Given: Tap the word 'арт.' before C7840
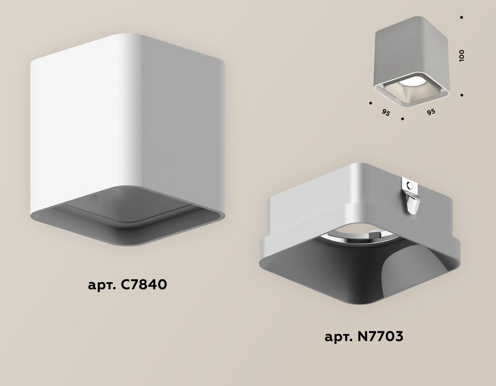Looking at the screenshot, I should click(100, 287).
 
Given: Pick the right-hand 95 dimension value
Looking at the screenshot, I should click(431, 112).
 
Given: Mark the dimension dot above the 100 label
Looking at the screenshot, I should click(462, 18).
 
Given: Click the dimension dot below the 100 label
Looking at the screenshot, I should click(462, 94).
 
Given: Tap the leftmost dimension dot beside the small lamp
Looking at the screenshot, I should click(371, 103).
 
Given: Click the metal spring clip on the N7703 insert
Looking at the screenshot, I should click(411, 196).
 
